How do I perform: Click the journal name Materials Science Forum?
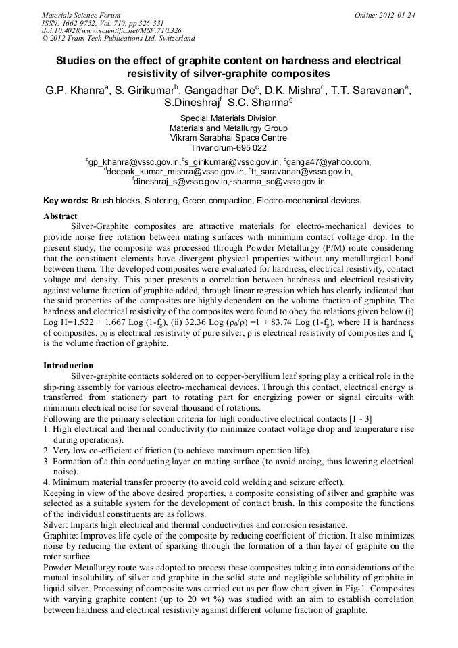[81, 14]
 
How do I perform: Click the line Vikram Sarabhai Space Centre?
[228, 138]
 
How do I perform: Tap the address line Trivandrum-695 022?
[228, 148]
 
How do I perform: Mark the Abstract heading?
[60, 216]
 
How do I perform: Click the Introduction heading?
[68, 366]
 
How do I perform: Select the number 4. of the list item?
[47, 482]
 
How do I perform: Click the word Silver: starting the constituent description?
[56, 524]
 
